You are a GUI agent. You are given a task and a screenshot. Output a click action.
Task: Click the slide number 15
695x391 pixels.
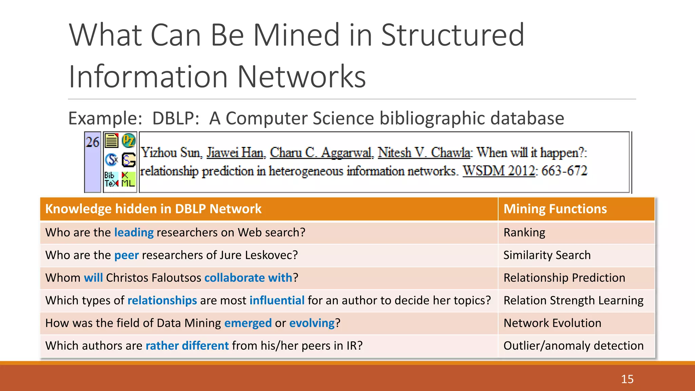pyautogui.click(x=627, y=379)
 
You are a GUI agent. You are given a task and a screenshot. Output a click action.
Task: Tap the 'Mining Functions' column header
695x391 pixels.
pyautogui.click(x=555, y=209)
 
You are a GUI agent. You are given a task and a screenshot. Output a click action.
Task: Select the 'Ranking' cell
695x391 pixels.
pyautogui.click(x=524, y=232)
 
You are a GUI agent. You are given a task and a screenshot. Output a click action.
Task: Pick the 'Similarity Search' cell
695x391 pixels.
pyautogui.click(x=547, y=255)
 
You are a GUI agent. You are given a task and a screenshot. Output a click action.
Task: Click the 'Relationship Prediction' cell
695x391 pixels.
pyautogui.click(x=564, y=278)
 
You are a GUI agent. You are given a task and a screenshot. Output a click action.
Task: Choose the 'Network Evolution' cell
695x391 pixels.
pyautogui.click(x=552, y=323)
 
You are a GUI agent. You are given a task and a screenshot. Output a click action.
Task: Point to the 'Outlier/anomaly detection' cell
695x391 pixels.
pyautogui.click(x=573, y=346)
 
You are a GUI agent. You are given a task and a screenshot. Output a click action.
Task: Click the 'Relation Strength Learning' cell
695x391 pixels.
pyautogui.click(x=573, y=300)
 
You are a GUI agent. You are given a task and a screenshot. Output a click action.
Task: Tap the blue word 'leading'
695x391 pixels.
pyautogui.click(x=134, y=232)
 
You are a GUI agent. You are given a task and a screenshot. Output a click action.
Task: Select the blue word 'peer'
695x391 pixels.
pyautogui.click(x=127, y=255)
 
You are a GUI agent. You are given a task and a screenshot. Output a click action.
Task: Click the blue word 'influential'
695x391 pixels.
pyautogui.click(x=277, y=300)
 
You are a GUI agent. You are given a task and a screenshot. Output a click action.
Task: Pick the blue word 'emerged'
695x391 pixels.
pyautogui.click(x=248, y=323)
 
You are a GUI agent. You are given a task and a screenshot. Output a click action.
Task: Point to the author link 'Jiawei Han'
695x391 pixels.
pyautogui.click(x=236, y=153)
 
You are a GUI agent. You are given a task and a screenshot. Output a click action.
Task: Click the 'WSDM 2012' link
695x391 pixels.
pyautogui.click(x=499, y=171)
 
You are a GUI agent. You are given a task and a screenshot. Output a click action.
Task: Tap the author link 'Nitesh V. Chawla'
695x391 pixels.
pyautogui.click(x=424, y=153)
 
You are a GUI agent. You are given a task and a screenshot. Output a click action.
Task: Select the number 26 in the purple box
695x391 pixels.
pyautogui.click(x=93, y=142)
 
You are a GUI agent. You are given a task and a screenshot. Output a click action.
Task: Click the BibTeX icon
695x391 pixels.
pyautogui.click(x=111, y=180)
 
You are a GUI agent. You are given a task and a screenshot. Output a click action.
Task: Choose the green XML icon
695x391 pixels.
pyautogui.click(x=128, y=180)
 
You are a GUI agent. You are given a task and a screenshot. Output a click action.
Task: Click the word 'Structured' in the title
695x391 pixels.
pyautogui.click(x=453, y=35)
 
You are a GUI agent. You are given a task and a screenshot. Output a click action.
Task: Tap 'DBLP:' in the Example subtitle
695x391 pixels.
pyautogui.click(x=175, y=118)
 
